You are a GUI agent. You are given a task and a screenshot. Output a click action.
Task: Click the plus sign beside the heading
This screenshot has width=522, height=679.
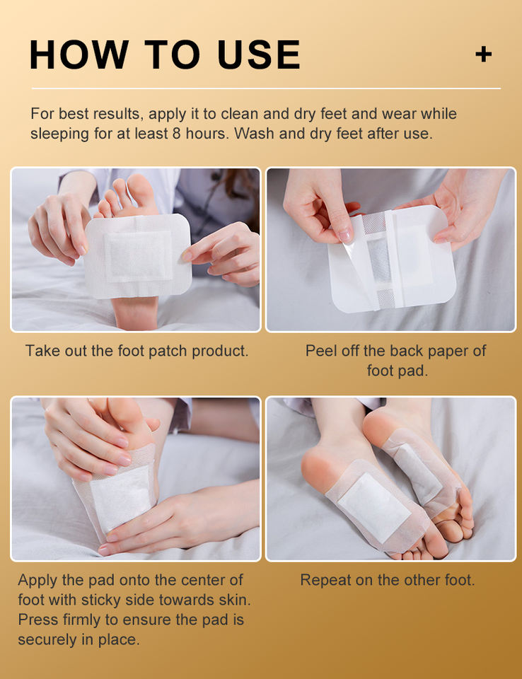click(x=483, y=54)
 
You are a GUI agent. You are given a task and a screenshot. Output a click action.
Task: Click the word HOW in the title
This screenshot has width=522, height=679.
click(x=79, y=54)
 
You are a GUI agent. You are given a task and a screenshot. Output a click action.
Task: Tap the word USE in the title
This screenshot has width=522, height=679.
click(x=259, y=54)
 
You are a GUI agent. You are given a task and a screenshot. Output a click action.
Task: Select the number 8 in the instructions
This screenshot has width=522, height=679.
click(x=176, y=134)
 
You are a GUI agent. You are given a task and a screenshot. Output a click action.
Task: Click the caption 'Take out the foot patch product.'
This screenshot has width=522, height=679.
click(x=137, y=351)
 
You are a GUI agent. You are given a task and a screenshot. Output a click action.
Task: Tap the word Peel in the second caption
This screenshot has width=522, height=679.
click(x=321, y=351)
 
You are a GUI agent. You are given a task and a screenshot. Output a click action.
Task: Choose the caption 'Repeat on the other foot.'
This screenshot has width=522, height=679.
click(x=388, y=580)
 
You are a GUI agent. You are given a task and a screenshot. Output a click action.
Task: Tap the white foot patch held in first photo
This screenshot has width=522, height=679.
click(x=138, y=255)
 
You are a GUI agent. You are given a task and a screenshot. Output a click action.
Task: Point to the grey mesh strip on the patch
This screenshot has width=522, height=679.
click(x=380, y=260)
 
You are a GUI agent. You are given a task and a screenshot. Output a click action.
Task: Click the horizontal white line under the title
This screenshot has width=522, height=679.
click(x=266, y=89)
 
